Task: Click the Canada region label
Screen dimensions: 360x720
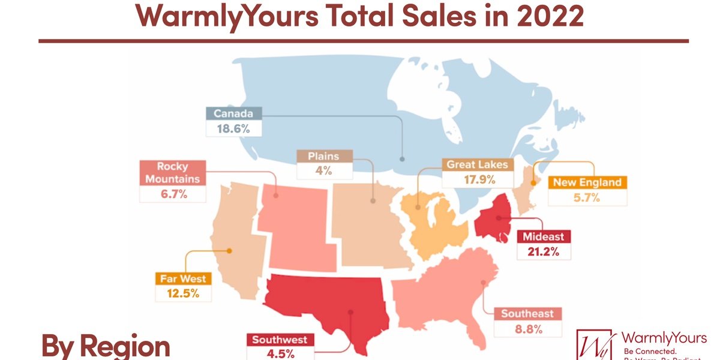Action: click(x=233, y=113)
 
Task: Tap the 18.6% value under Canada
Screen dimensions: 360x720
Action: click(x=233, y=128)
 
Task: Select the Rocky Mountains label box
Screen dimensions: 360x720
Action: click(x=173, y=172)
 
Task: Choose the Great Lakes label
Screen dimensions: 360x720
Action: click(x=478, y=164)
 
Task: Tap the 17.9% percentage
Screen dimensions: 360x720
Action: click(x=478, y=179)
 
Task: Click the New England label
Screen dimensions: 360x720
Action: click(x=587, y=182)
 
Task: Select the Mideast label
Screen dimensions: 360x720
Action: click(x=543, y=236)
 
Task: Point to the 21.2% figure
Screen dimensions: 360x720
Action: click(x=543, y=251)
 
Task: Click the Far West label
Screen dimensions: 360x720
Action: click(x=183, y=278)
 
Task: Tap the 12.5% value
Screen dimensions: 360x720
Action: click(x=183, y=294)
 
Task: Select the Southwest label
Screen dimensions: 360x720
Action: click(x=280, y=340)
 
